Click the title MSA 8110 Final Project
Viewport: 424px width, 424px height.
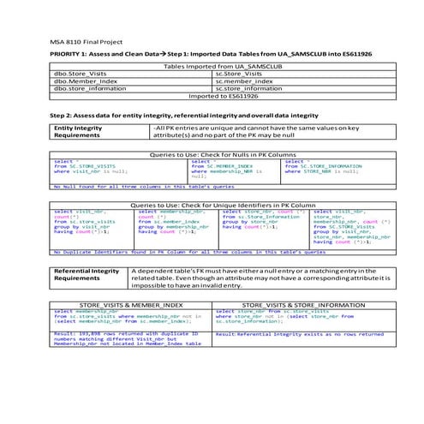(87, 41)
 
